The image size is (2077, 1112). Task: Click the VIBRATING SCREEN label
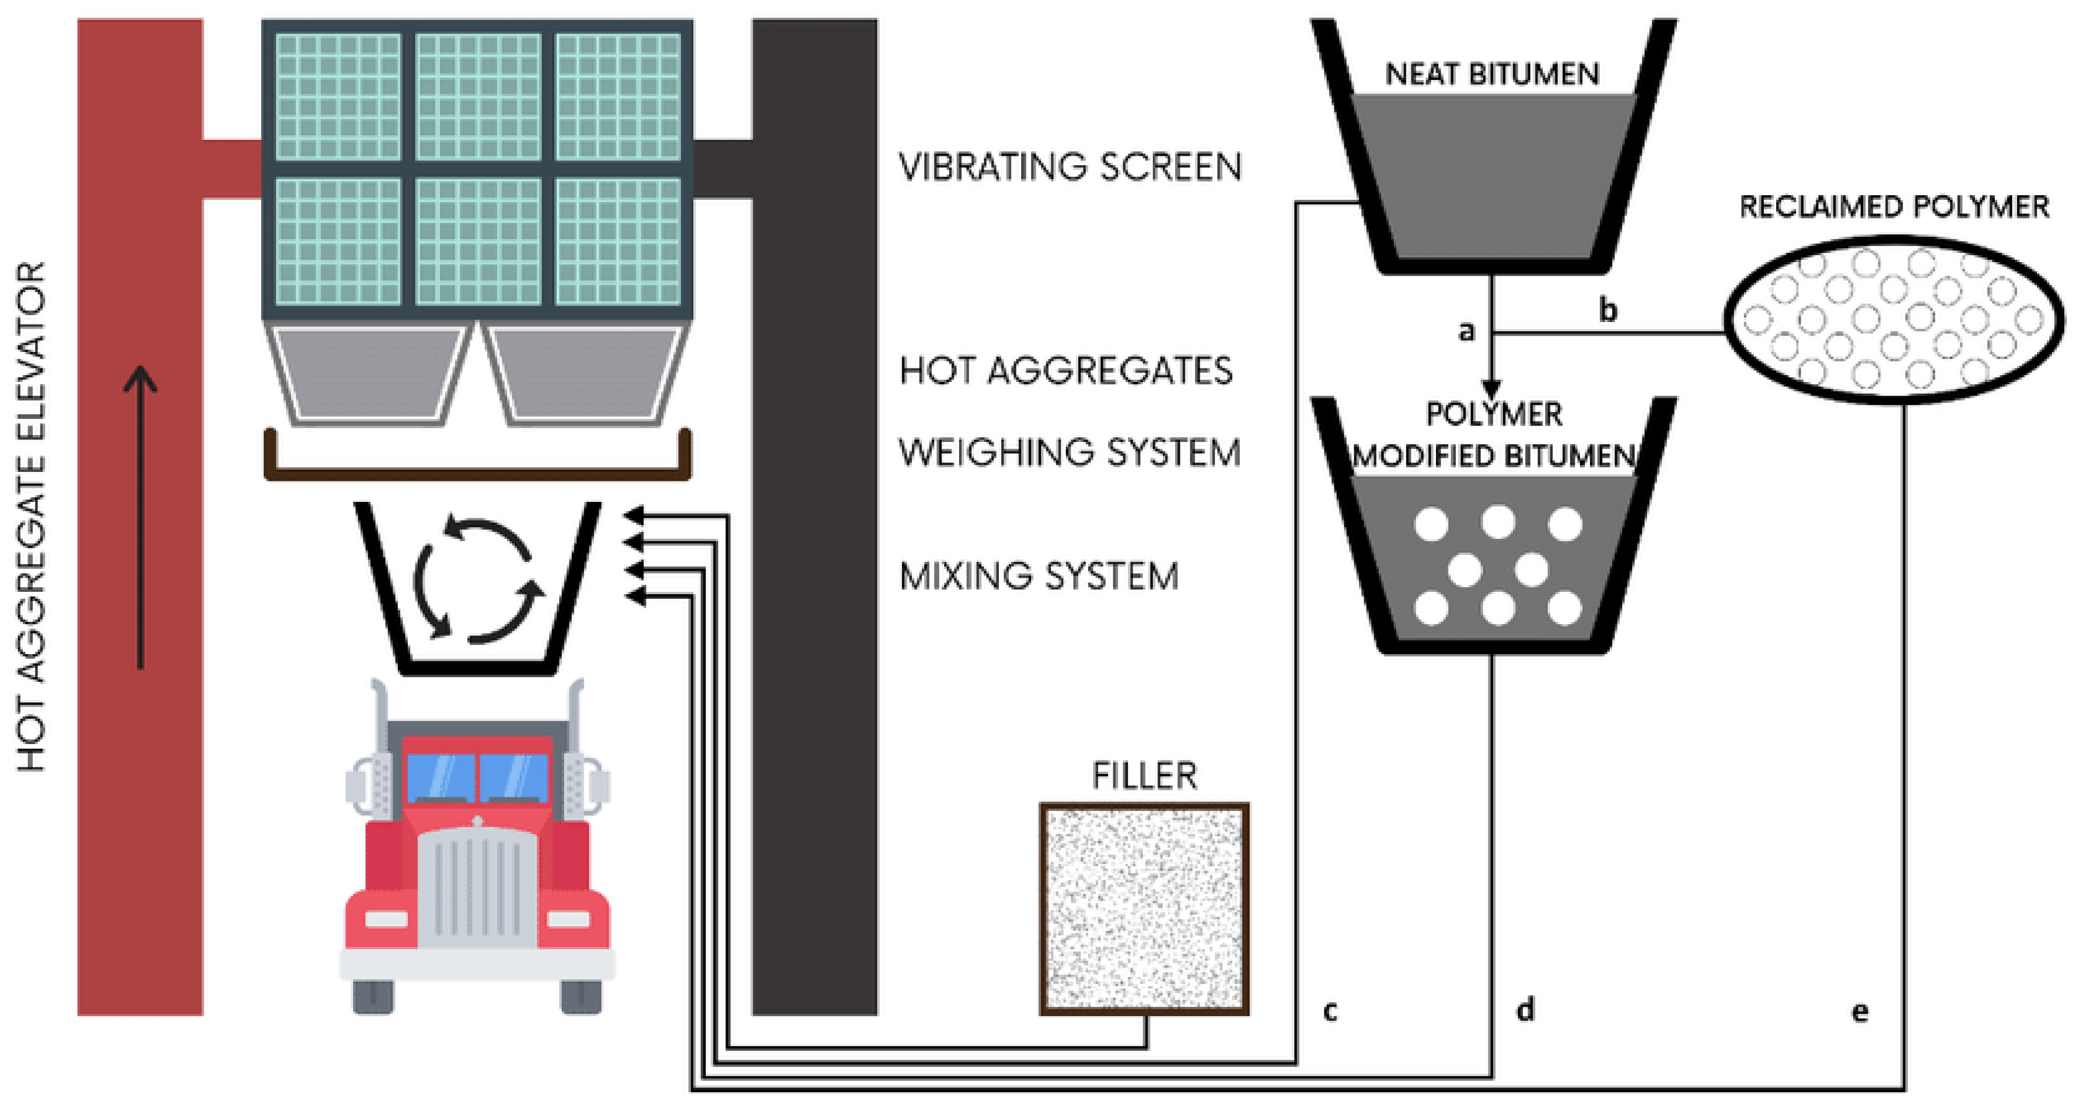pyautogui.click(x=1069, y=167)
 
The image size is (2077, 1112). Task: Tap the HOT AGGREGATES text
pyautogui.click(x=1065, y=371)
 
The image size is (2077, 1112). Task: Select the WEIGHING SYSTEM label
pyautogui.click(x=1069, y=453)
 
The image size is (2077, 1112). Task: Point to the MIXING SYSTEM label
pyautogui.click(x=1039, y=577)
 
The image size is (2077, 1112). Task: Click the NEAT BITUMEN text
pyautogui.click(x=1492, y=74)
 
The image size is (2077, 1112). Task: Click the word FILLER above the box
pyautogui.click(x=1144, y=776)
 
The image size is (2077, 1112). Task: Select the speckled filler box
pyautogui.click(x=1144, y=908)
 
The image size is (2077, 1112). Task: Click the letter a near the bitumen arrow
pyautogui.click(x=1467, y=331)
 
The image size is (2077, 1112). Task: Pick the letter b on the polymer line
pyautogui.click(x=1608, y=310)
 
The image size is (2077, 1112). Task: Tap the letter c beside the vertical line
pyautogui.click(x=1330, y=1010)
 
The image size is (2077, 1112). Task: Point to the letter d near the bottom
pyautogui.click(x=1525, y=1009)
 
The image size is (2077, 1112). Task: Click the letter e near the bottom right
pyautogui.click(x=1859, y=1010)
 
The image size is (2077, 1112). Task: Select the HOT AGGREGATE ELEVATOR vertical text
pyautogui.click(x=31, y=516)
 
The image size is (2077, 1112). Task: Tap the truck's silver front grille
pyautogui.click(x=477, y=887)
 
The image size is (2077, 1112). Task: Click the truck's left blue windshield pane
pyautogui.click(x=439, y=776)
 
